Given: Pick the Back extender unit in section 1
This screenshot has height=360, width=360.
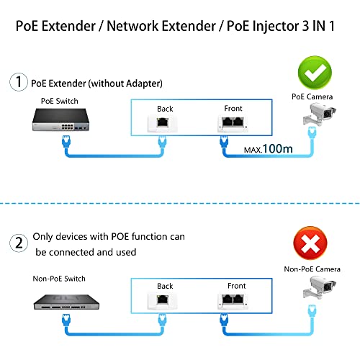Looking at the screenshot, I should click(165, 123).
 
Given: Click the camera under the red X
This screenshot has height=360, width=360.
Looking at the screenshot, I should click(321, 292).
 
